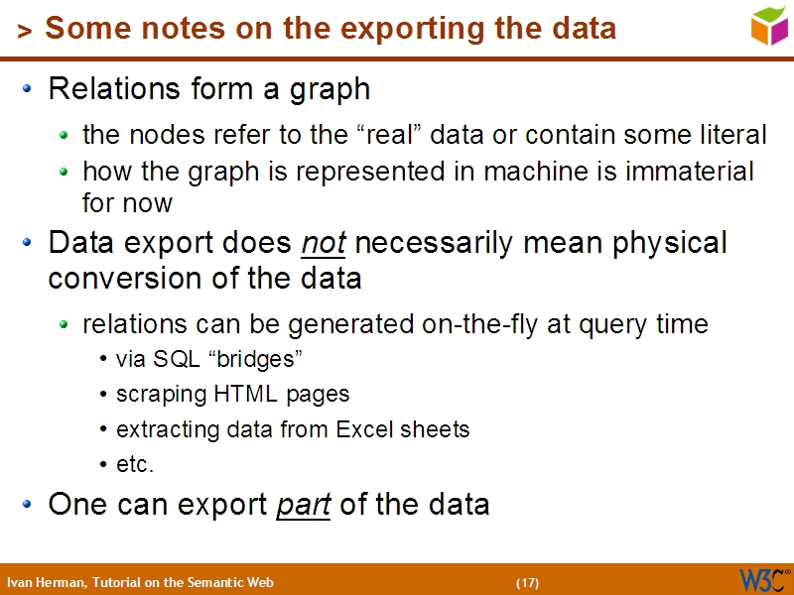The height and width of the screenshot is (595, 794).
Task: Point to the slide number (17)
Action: (x=527, y=582)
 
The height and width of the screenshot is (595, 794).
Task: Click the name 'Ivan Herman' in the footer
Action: (x=45, y=582)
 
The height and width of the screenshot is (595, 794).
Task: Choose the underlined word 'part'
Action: (x=303, y=505)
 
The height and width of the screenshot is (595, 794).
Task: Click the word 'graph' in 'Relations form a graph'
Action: (x=330, y=90)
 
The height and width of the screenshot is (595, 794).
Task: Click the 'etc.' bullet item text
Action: (x=135, y=465)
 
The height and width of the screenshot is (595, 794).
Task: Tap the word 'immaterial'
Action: (x=690, y=172)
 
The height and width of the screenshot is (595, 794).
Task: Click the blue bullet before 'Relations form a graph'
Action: (x=30, y=90)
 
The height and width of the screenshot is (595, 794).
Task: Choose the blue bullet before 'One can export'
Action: (x=30, y=505)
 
